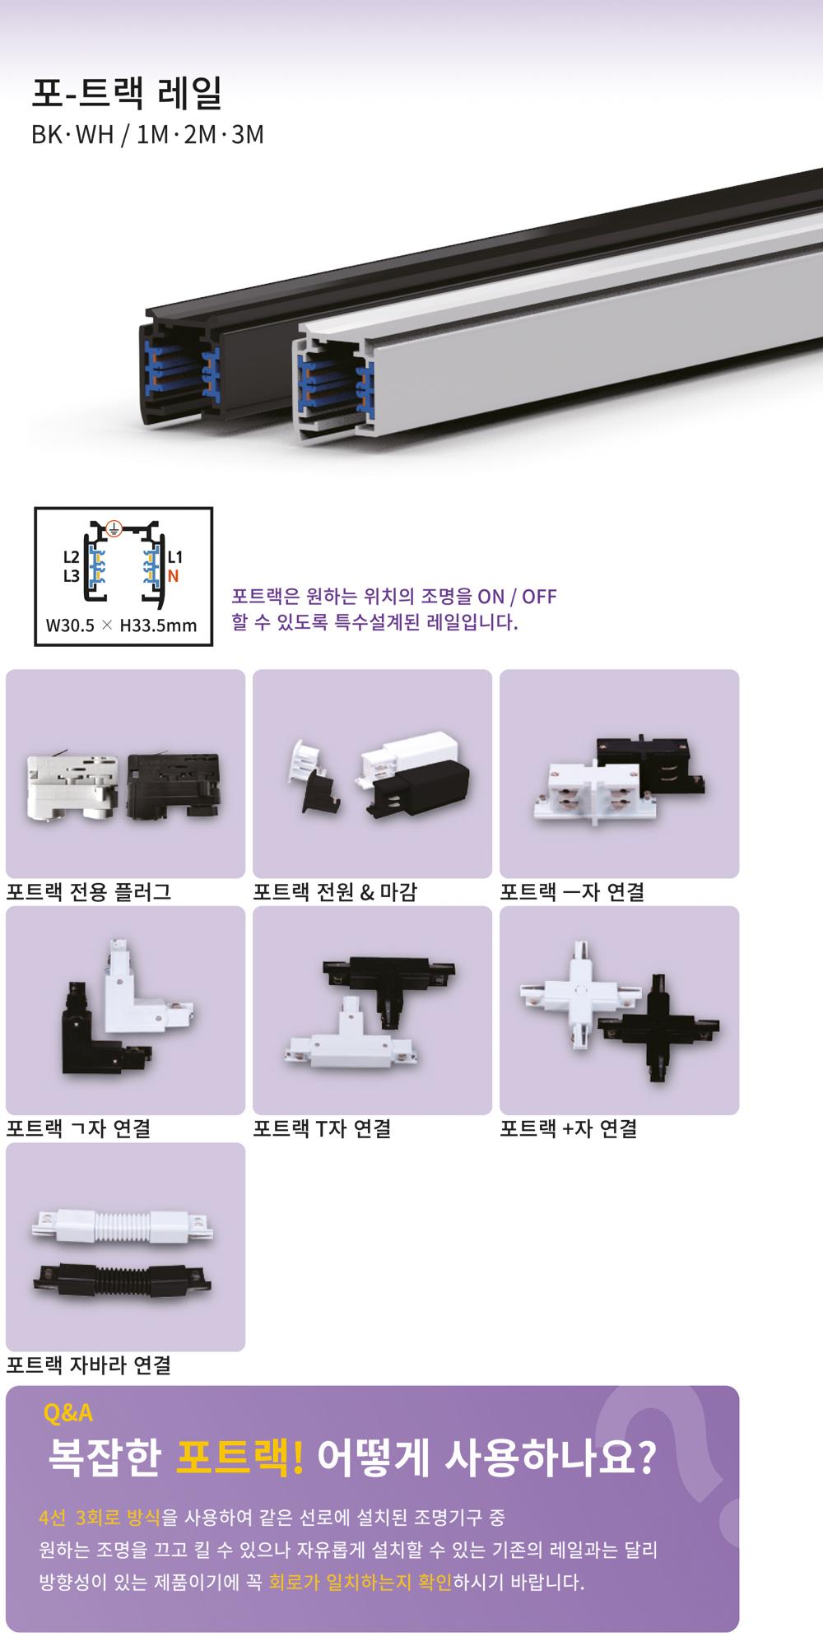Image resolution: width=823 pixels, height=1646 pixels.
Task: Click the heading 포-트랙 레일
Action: click(127, 95)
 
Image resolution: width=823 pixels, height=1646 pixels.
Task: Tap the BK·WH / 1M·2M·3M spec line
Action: click(147, 134)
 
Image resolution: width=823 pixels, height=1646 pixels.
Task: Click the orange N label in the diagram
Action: click(173, 576)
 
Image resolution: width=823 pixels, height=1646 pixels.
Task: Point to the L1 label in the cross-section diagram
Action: click(174, 557)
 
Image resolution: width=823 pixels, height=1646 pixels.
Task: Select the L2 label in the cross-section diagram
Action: click(71, 557)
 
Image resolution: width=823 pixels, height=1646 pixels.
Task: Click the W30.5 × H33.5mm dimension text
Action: click(122, 625)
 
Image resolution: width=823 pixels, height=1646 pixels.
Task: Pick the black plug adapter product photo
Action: click(173, 786)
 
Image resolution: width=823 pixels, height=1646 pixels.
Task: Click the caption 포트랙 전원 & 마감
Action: click(335, 891)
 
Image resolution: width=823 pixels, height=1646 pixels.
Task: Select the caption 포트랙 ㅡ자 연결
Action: click(572, 891)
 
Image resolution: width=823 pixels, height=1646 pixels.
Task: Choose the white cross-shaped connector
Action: click(581, 996)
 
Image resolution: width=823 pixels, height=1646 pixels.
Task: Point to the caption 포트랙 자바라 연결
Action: click(89, 1365)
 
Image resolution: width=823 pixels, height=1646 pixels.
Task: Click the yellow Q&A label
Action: click(67, 1413)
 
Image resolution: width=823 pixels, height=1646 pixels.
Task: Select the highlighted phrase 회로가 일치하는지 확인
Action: click(360, 1582)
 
